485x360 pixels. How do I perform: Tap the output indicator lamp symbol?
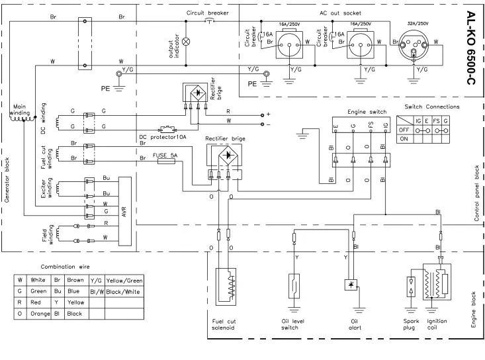[x=186, y=40]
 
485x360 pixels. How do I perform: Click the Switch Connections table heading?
[x=431, y=107]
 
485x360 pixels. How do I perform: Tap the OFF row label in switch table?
[x=403, y=130]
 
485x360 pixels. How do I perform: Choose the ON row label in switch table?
[x=402, y=140]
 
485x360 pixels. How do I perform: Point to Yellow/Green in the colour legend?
[x=124, y=281]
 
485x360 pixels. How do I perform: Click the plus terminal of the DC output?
[x=267, y=114]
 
